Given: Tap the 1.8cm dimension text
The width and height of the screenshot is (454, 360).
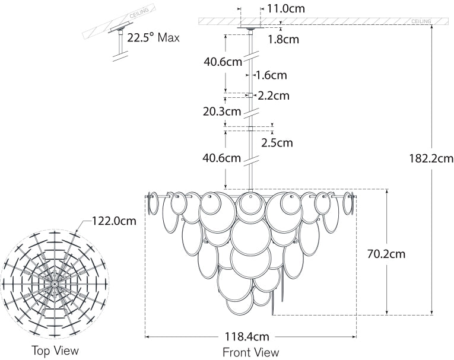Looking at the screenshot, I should pos(283,40).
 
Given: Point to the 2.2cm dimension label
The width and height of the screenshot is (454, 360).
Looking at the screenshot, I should pos(274,95).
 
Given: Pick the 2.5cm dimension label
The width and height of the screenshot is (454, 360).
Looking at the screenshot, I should pos(277,142).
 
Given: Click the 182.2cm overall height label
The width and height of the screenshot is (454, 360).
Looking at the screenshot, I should pos(431,158).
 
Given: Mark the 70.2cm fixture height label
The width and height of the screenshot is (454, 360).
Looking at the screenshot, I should pos(386,254).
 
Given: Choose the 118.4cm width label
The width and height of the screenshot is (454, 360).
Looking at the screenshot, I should pos(250,336).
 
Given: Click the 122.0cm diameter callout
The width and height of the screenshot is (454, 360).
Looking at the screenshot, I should pos(113,221).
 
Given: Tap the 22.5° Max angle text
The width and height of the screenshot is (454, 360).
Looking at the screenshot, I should pos(153,37).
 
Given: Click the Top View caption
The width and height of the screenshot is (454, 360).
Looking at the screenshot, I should pos(55,350).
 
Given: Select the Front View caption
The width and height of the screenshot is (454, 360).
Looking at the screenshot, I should pos(250,352).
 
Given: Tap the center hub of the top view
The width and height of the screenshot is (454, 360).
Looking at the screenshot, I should pos(55,284).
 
